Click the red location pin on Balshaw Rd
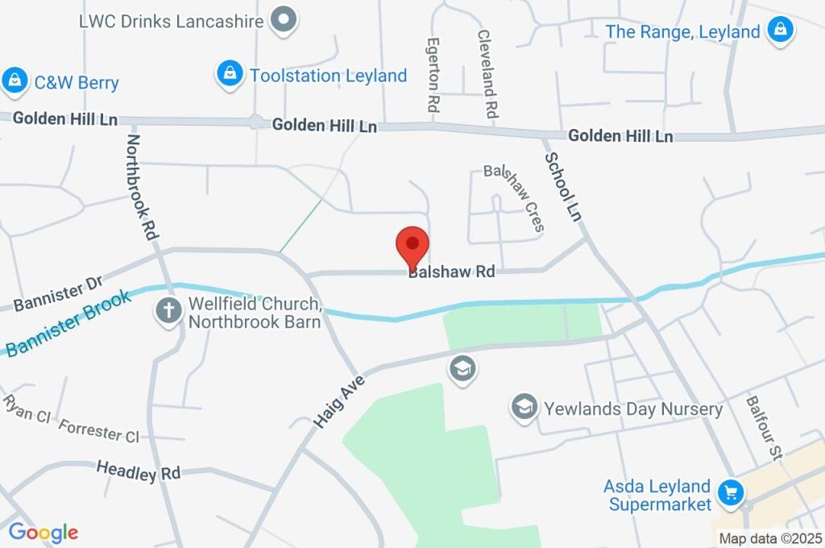point(412,244)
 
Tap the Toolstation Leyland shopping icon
point(230,75)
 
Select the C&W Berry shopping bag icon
point(15,81)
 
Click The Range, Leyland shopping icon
point(780,31)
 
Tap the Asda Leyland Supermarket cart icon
point(731,493)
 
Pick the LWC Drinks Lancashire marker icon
point(283,21)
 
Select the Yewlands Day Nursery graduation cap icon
point(524,407)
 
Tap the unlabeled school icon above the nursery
point(463,370)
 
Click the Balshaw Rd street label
point(451,272)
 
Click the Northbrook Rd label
point(139,186)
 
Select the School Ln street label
point(562,187)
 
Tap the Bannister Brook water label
point(68,322)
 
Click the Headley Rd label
point(138,471)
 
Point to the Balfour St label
point(764,427)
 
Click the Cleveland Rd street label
point(487,74)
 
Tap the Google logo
point(44,532)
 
